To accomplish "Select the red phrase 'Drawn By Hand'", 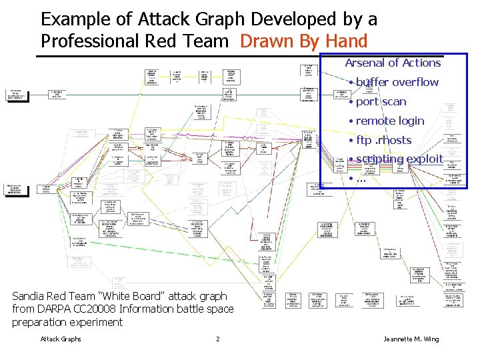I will tap(303, 41).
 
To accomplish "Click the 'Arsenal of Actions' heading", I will tap(393, 63).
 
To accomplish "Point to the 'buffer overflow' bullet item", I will tap(397, 83).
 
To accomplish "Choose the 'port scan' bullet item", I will tap(381, 102).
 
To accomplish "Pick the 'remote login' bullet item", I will tap(389, 121).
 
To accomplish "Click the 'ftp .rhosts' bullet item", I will tap(383, 141).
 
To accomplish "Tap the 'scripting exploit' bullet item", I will tap(399, 159).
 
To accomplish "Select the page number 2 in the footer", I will tap(218, 339).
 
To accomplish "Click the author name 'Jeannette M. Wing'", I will tap(411, 339).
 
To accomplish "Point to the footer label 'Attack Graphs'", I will tap(61, 339).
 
